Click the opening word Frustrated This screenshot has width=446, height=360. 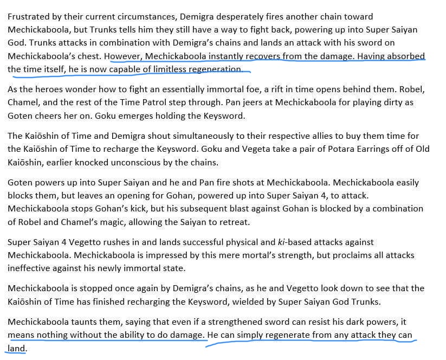click(x=28, y=17)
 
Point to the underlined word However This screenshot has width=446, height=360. click(x=123, y=56)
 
